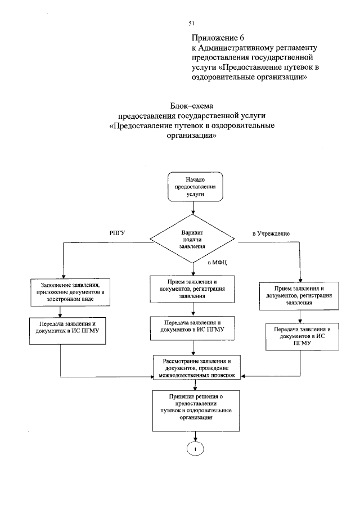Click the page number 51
pyautogui.click(x=191, y=23)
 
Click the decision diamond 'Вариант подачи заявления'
pyautogui.click(x=192, y=238)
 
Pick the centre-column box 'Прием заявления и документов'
pyautogui.click(x=192, y=289)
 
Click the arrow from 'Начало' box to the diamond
pyautogui.click(x=193, y=208)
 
